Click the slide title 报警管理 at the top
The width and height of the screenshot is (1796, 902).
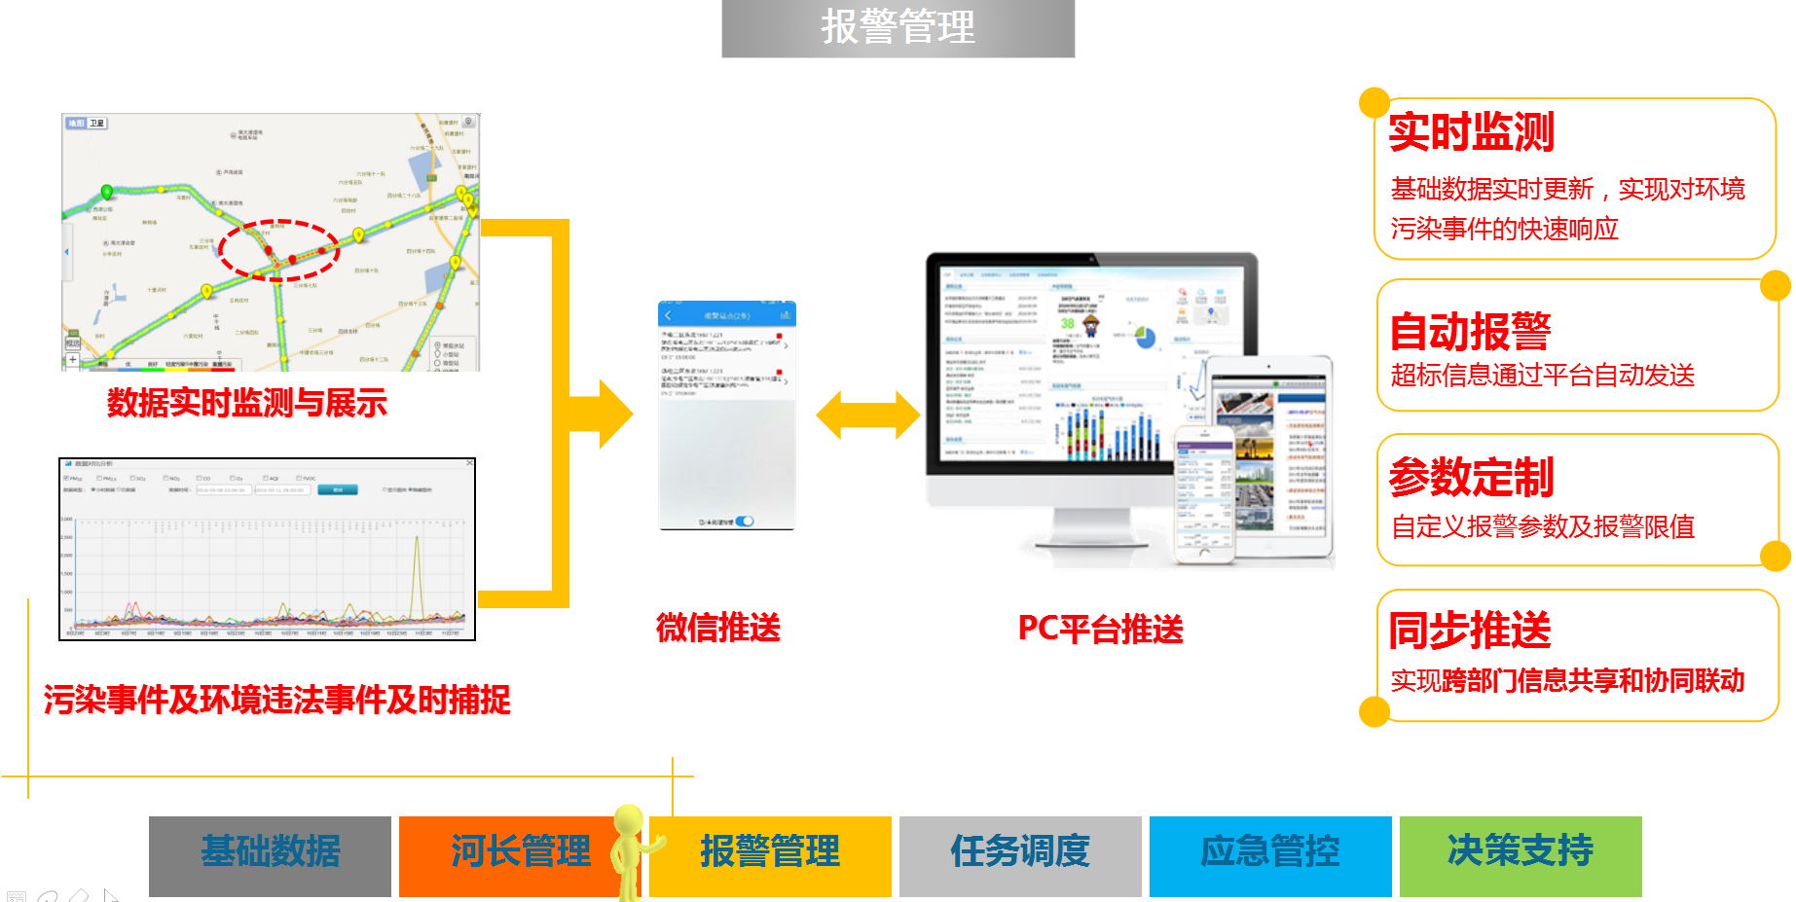coord(898,27)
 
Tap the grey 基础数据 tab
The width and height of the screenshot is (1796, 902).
coord(270,851)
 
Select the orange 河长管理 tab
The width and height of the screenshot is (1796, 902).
coord(520,851)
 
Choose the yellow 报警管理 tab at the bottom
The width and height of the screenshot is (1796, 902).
coord(770,851)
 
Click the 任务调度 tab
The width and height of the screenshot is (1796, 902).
coord(1019,851)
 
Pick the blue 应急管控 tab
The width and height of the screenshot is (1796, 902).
coord(1269,851)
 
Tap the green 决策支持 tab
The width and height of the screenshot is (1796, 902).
coord(1520,851)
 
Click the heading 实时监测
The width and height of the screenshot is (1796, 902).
coord(1471,131)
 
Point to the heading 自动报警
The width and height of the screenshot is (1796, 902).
coord(1470,332)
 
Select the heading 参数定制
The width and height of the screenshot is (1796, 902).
coord(1471,477)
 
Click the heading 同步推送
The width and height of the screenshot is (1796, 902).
coord(1470,631)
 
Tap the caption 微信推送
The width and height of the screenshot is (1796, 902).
coord(718,628)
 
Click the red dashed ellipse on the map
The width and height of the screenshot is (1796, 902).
coord(278,250)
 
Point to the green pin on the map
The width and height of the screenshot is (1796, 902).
coord(107,193)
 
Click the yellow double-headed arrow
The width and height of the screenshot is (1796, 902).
coord(867,415)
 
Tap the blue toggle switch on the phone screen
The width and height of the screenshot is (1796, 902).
coord(745,522)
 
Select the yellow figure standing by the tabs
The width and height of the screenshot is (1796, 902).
coord(631,851)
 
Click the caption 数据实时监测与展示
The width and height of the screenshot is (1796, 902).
coord(247,403)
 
